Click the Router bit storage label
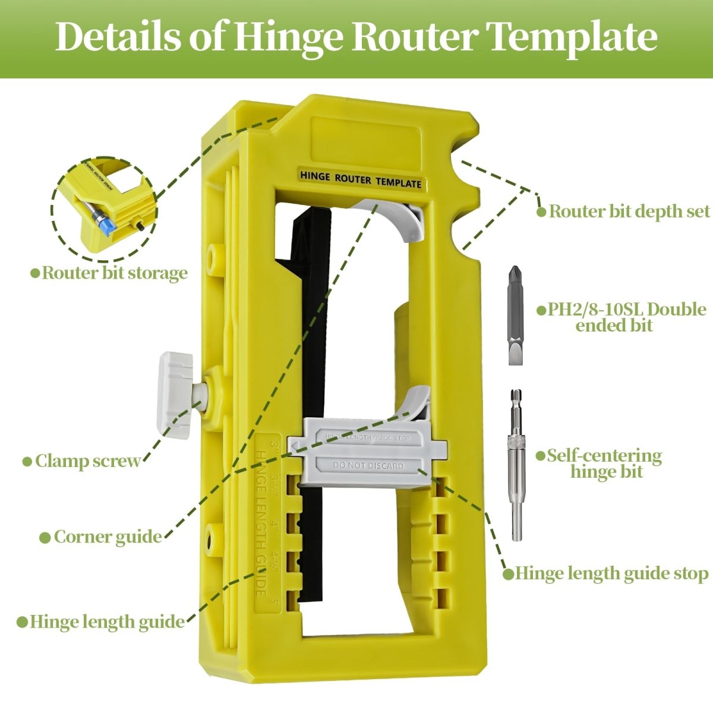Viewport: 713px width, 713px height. tap(114, 273)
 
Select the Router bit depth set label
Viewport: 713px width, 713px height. tap(629, 212)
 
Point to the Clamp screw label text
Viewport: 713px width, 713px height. tap(88, 461)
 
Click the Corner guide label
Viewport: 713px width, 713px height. tap(108, 537)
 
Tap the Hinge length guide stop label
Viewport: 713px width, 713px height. tap(611, 573)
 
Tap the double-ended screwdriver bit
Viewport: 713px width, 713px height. tap(515, 315)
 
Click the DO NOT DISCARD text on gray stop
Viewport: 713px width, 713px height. tap(368, 466)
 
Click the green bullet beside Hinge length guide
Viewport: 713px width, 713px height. tap(22, 622)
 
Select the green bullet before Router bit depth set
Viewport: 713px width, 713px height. tap(541, 212)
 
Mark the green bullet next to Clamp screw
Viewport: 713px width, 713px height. tap(27, 462)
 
